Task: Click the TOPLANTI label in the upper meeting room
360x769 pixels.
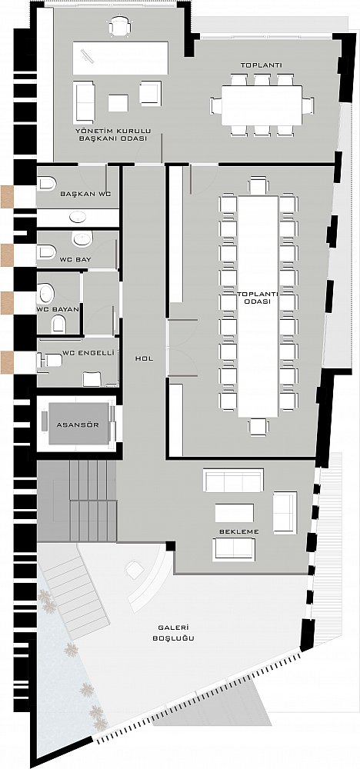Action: (254, 65)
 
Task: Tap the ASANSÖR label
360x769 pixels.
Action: (78, 424)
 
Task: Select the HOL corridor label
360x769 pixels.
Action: (144, 358)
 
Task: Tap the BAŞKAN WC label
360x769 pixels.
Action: (85, 194)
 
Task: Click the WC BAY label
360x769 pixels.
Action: (76, 258)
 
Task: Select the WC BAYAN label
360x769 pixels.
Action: (55, 309)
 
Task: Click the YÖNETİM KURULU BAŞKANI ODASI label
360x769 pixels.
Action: (112, 135)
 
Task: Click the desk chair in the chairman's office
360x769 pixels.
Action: (120, 26)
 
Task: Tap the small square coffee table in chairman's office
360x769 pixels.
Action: (118, 103)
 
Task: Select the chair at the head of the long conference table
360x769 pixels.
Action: (258, 186)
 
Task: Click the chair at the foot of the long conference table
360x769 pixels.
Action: (258, 427)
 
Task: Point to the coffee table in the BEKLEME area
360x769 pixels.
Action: (235, 513)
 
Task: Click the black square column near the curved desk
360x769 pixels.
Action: (170, 546)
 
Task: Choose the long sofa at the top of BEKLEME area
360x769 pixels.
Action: (233, 480)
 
